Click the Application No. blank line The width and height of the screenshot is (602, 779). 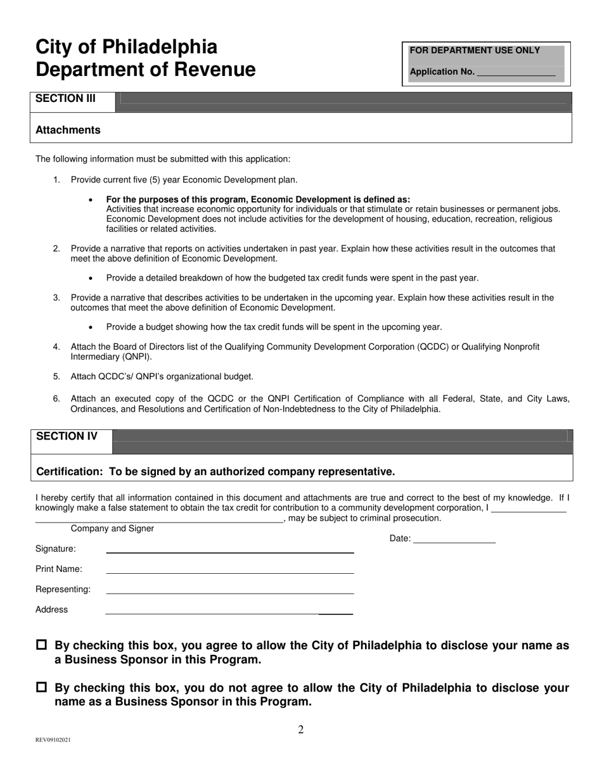(515, 73)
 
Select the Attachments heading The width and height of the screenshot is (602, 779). (68, 130)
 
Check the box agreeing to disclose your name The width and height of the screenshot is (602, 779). (42, 645)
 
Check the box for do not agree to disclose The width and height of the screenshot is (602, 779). (42, 687)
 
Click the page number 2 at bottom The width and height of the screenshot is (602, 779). (301, 730)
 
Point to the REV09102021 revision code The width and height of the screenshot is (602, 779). (53, 740)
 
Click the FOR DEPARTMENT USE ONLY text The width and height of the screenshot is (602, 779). (475, 51)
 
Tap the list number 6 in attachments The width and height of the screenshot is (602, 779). (56, 399)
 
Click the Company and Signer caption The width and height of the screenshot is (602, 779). (112, 528)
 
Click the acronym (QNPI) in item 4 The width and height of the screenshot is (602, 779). (132, 357)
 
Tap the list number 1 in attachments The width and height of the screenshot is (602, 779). (56, 180)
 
